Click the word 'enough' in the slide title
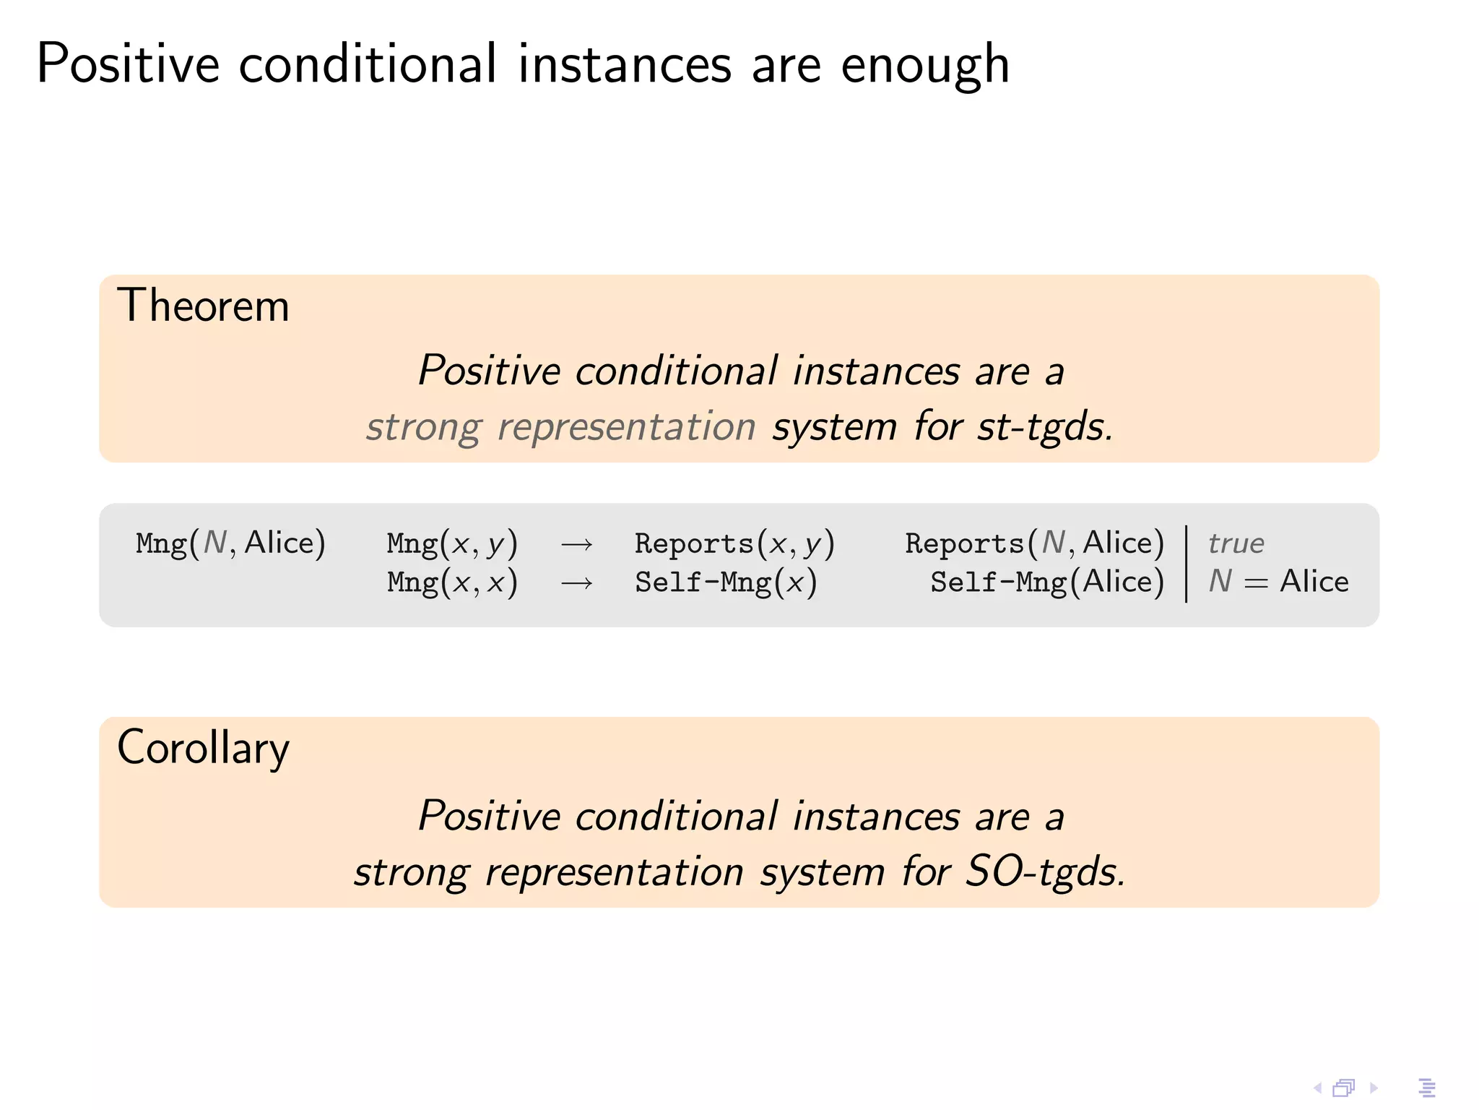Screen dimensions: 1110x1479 [x=925, y=65]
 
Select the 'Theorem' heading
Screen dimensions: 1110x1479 [x=203, y=306]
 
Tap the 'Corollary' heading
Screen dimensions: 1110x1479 [x=203, y=748]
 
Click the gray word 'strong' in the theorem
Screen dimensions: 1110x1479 [x=423, y=426]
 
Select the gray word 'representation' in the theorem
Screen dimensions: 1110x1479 [x=627, y=426]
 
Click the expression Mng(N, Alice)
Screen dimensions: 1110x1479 [x=230, y=543]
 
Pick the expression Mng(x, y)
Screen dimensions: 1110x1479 [x=452, y=543]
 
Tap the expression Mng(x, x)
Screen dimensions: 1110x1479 [x=452, y=582]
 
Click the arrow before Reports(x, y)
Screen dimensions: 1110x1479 [x=576, y=544]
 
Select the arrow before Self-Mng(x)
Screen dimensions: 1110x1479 [x=576, y=582]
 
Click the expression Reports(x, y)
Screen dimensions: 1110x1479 [x=734, y=543]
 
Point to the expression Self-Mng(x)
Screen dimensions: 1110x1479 [x=726, y=582]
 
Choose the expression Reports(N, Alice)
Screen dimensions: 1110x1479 [x=1034, y=543]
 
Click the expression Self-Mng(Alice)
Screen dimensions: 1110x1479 [x=1047, y=582]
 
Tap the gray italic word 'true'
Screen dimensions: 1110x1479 [x=1236, y=543]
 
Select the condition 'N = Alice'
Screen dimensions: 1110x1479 [x=1278, y=581]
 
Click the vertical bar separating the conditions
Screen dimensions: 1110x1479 [x=1187, y=564]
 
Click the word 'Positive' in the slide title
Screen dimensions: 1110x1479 [x=128, y=65]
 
